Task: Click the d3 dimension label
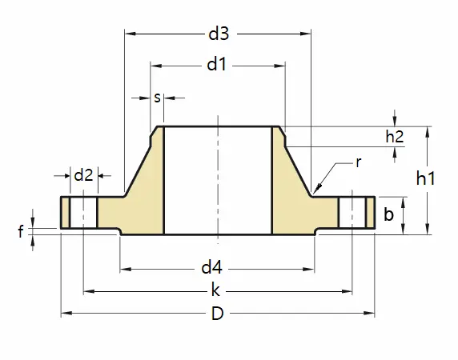(x=219, y=34)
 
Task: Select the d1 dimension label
(x=216, y=65)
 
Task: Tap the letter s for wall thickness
(x=157, y=98)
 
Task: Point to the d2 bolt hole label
(x=83, y=175)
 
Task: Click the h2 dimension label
(x=395, y=137)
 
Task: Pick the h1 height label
(x=426, y=178)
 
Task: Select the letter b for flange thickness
(x=388, y=214)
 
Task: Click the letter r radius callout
(x=359, y=162)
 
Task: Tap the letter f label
(x=21, y=232)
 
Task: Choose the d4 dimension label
(x=211, y=267)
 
